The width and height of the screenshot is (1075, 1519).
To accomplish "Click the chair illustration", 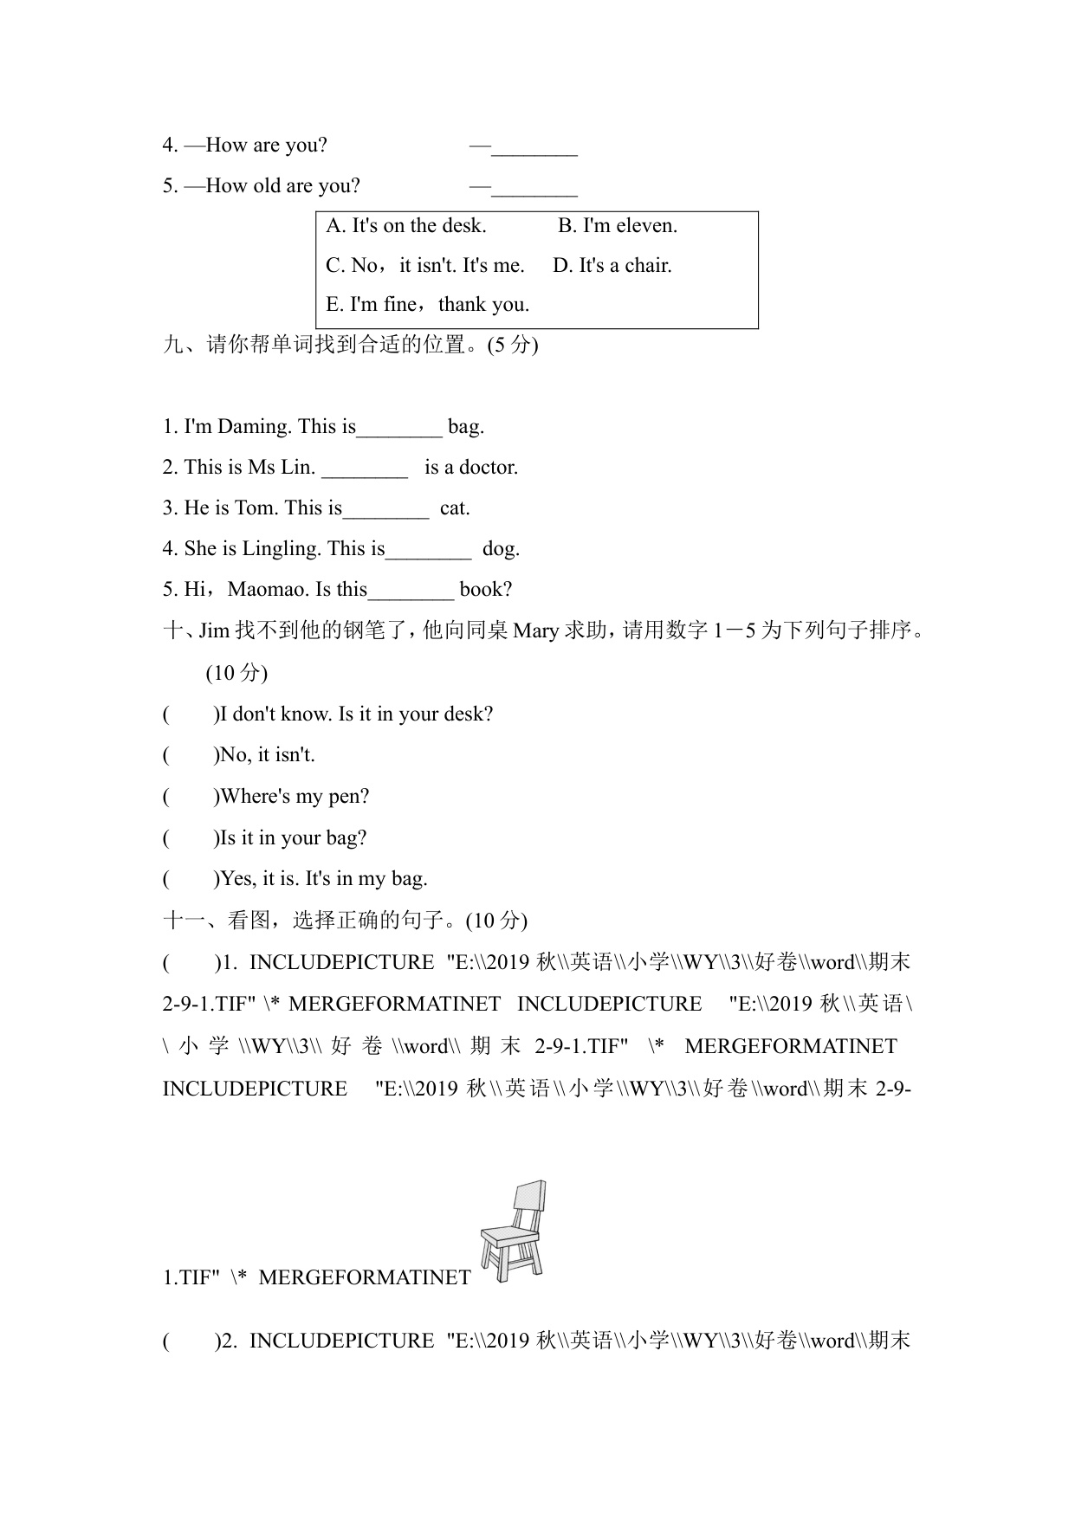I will click(513, 1231).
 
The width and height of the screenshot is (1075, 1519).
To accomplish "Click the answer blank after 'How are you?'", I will click(534, 147).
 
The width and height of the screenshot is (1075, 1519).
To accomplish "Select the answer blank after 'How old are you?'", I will click(534, 188).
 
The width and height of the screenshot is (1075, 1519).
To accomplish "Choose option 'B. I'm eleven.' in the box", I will click(617, 226).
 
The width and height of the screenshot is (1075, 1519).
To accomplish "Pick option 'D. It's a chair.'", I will click(612, 266).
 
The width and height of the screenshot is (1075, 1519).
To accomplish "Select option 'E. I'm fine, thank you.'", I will click(427, 305).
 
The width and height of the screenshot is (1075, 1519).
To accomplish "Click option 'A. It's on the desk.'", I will click(405, 226).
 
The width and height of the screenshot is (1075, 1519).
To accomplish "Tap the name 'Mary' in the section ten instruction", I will click(536, 630).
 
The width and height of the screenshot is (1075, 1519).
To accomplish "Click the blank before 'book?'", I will click(411, 591).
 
